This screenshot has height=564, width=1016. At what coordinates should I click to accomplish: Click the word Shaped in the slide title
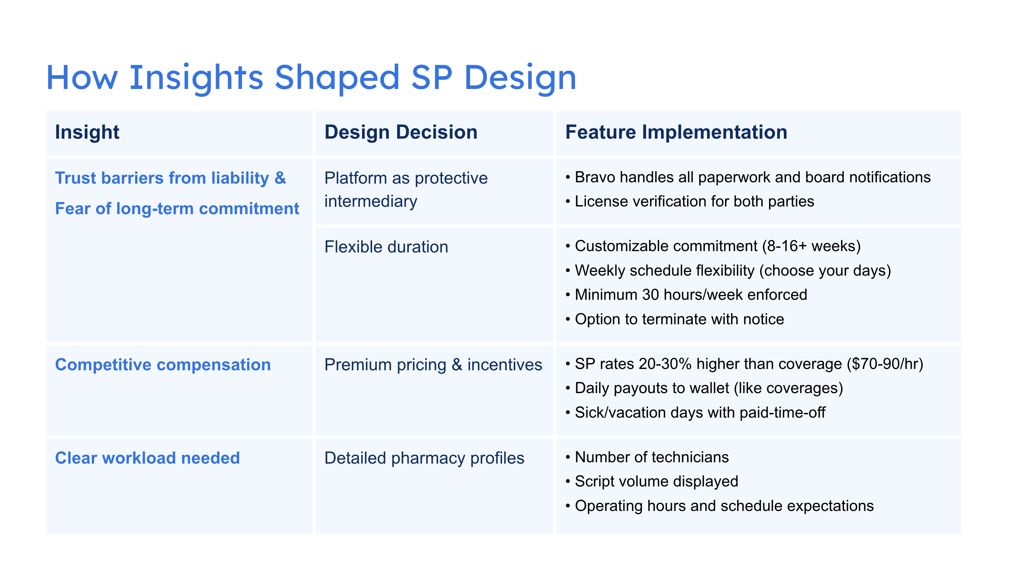337,78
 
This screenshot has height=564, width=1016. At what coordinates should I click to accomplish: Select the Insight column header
87,132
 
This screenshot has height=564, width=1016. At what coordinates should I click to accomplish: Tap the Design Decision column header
401,132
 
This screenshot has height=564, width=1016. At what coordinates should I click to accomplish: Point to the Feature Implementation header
676,132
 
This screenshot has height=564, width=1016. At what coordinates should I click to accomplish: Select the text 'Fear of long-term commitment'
177,208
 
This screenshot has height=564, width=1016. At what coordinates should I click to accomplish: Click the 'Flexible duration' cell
386,247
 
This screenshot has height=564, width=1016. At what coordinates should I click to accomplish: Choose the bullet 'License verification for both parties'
694,201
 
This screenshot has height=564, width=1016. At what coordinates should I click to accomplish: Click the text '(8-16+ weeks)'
811,246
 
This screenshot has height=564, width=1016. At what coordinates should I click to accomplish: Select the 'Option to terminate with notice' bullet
679,319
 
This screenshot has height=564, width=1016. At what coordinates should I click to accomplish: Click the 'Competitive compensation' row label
163,365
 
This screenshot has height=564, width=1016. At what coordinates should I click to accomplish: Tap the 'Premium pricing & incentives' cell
433,365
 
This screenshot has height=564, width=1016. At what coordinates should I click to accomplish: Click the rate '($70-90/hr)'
885,364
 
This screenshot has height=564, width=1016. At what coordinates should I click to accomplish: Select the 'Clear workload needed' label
147,458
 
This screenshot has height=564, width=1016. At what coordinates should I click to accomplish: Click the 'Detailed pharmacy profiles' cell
424,458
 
